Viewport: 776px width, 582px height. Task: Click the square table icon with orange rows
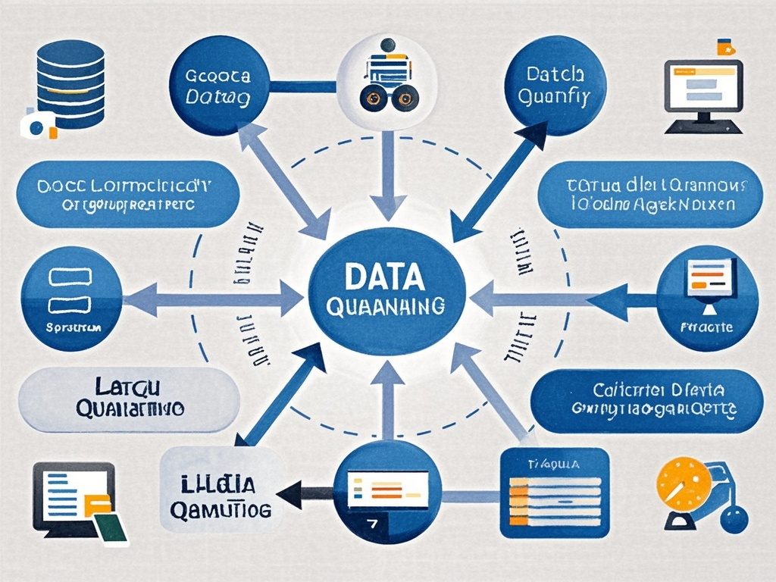(x=555, y=493)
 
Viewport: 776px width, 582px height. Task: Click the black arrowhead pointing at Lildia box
(x=289, y=494)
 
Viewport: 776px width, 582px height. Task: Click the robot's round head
(x=388, y=45)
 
